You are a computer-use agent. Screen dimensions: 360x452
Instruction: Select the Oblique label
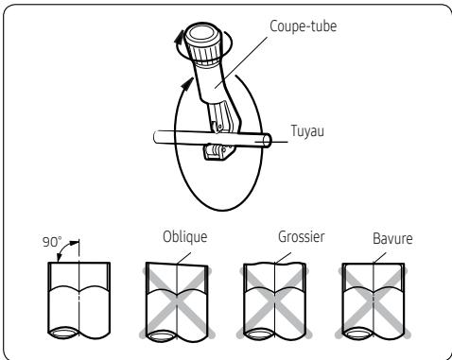183,231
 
